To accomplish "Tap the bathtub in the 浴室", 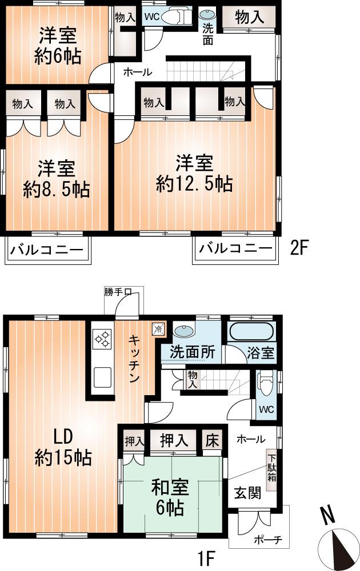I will (251, 333).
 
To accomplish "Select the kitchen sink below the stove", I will (103, 377).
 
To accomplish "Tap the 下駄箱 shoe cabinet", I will (272, 467).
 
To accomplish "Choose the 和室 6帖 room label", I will (167, 497).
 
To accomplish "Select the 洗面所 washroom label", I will (191, 352).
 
